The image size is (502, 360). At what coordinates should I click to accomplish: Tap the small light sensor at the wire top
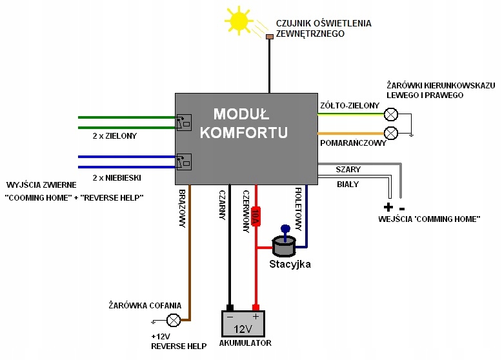[270, 37]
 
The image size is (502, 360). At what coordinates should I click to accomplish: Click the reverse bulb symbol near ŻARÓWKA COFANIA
[174, 319]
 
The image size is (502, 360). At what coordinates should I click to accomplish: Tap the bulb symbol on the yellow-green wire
[390, 115]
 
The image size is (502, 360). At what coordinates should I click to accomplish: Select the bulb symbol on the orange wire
[390, 133]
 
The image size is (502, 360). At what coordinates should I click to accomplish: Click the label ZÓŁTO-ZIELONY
[345, 105]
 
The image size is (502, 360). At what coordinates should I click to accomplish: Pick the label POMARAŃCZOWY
[353, 143]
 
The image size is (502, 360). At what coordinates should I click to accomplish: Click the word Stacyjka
[290, 264]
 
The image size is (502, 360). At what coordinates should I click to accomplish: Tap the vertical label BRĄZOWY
[183, 208]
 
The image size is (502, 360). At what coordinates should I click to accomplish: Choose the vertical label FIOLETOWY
[299, 208]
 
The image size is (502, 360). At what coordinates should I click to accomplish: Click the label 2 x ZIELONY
[115, 137]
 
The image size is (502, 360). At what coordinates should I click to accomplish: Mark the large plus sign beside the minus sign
[388, 208]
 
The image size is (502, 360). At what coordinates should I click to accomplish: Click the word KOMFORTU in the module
[244, 133]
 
